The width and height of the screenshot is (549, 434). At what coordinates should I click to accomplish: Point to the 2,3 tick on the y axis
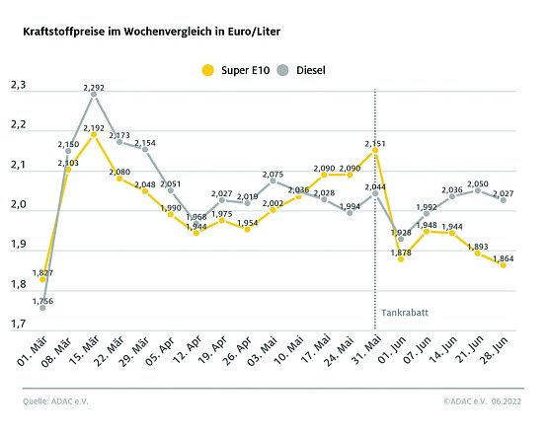(18, 87)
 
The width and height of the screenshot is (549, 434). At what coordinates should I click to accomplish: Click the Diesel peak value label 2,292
(94, 87)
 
